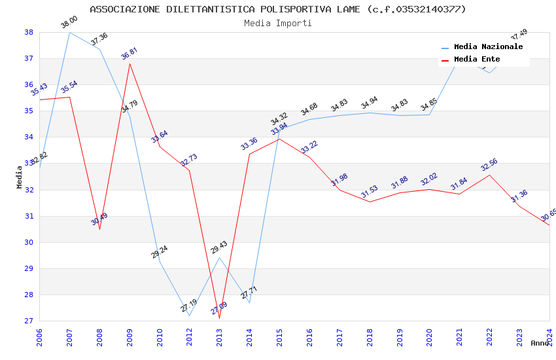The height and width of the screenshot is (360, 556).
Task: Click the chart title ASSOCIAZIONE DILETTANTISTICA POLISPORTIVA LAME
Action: click(x=278, y=9)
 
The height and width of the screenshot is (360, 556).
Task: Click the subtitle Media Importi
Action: click(x=278, y=23)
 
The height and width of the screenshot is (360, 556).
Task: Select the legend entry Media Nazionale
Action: click(x=488, y=47)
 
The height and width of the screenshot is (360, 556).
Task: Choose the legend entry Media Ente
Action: click(x=477, y=60)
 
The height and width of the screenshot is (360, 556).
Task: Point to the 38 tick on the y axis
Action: click(x=29, y=32)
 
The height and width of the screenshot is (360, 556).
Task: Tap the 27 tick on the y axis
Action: click(x=29, y=321)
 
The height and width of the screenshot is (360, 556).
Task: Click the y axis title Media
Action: click(x=20, y=177)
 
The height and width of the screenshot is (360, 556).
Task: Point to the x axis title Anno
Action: click(x=540, y=343)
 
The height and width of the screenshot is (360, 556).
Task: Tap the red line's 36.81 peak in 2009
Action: click(x=130, y=63)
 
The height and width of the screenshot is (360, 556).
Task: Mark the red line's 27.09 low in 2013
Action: click(x=219, y=318)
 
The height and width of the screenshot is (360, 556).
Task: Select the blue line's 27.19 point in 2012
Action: click(x=189, y=315)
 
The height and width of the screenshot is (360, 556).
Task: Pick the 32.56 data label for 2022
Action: click(x=489, y=165)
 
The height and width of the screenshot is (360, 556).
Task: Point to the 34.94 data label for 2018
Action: click(x=370, y=103)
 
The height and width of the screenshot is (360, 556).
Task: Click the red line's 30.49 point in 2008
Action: click(x=99, y=229)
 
